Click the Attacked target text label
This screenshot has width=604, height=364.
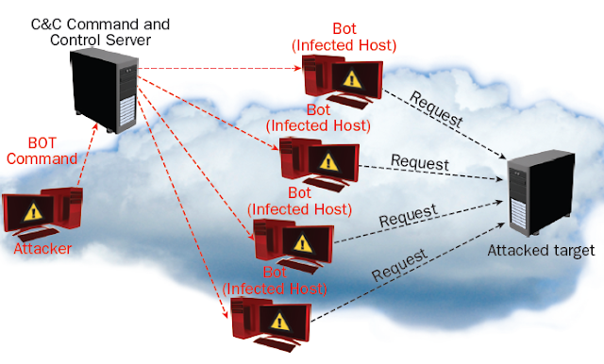(541, 250)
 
